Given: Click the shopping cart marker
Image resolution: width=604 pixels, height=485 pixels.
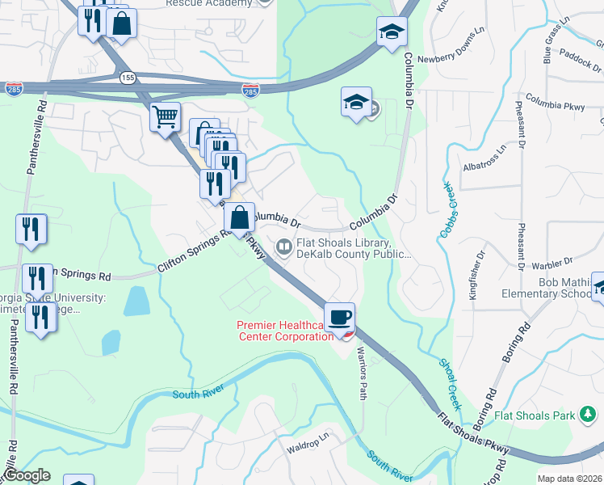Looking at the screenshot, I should [166, 118].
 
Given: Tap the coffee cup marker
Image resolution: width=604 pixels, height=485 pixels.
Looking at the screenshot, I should [340, 317].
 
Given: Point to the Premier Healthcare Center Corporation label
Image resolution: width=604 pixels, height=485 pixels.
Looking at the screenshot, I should [285, 331].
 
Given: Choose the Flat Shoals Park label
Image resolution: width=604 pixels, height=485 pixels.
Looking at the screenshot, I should [535, 416].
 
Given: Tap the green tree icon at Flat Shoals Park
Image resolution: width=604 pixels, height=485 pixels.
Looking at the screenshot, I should [589, 416].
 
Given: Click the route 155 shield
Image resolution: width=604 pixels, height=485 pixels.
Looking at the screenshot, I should [127, 78].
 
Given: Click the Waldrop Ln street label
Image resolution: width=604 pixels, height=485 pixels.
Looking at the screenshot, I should [308, 442].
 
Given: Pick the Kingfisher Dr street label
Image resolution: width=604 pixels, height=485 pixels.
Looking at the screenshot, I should [476, 276].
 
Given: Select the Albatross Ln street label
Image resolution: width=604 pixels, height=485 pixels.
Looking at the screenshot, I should [484, 159].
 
